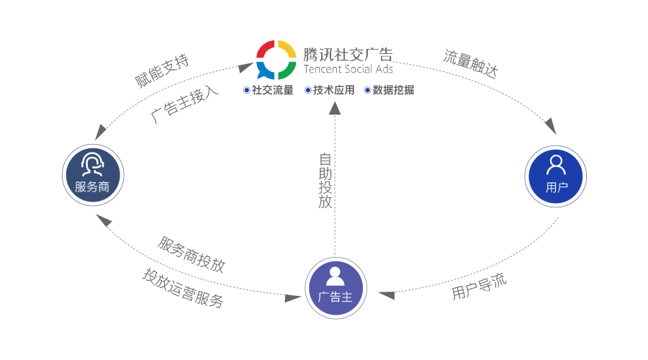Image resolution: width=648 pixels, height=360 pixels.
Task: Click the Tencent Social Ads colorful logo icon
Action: (276, 60)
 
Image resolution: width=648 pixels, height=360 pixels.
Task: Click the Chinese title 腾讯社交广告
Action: (348, 54)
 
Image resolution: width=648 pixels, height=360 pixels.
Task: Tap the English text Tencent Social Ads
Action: (348, 70)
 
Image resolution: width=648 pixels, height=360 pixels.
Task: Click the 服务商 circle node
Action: (93, 175)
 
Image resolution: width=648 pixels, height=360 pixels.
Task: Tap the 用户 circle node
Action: (556, 176)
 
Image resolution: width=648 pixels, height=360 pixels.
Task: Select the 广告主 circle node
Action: (335, 286)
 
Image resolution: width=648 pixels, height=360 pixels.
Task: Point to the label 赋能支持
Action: (162, 71)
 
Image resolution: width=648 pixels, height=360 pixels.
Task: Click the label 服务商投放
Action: (192, 254)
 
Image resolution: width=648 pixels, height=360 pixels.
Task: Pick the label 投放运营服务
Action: (183, 288)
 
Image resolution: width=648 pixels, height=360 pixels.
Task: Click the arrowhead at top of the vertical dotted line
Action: (335, 108)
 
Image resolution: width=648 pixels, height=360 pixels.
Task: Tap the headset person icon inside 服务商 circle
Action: (92, 166)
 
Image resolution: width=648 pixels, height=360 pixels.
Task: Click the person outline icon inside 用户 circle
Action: (556, 166)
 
